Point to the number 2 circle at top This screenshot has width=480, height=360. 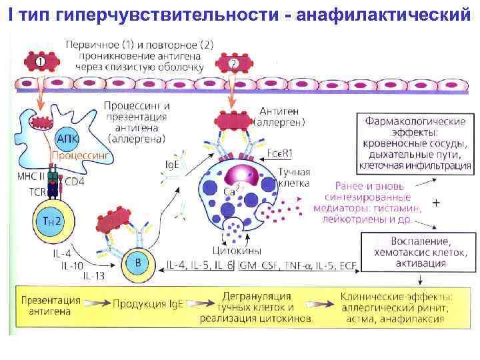tap(233, 64)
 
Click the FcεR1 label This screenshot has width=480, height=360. tap(279, 153)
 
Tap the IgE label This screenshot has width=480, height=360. tap(171, 163)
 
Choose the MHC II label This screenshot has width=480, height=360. tap(31, 177)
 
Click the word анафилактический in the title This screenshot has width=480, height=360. tap(385, 16)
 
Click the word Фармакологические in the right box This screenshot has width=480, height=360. tap(415, 122)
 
